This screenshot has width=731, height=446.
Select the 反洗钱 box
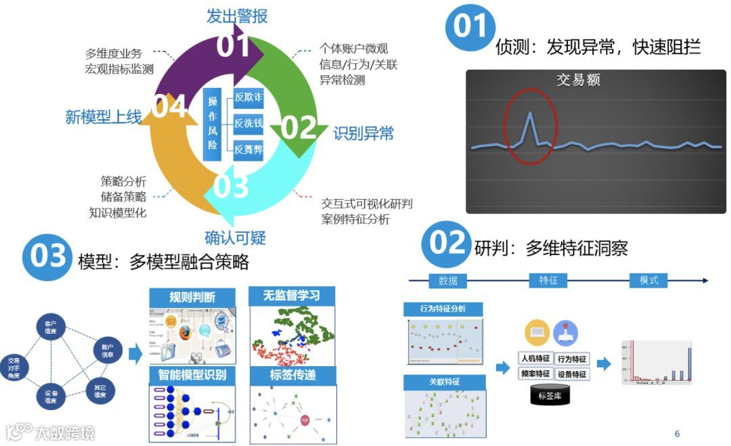point(248,123)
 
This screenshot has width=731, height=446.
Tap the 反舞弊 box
point(248,150)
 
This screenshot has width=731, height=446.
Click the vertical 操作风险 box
point(213,123)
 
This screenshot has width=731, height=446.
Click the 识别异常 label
point(363,133)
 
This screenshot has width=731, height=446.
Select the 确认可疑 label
point(235,238)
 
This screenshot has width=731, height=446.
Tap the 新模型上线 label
point(103,117)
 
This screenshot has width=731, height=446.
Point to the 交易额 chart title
point(578,80)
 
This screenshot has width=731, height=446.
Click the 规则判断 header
point(193,296)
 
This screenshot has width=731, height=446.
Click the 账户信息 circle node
point(107,351)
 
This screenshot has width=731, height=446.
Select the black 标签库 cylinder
point(550,395)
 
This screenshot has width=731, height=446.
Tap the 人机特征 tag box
point(535,359)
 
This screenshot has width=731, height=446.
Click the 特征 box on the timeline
point(548,280)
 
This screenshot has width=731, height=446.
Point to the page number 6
point(677,434)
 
